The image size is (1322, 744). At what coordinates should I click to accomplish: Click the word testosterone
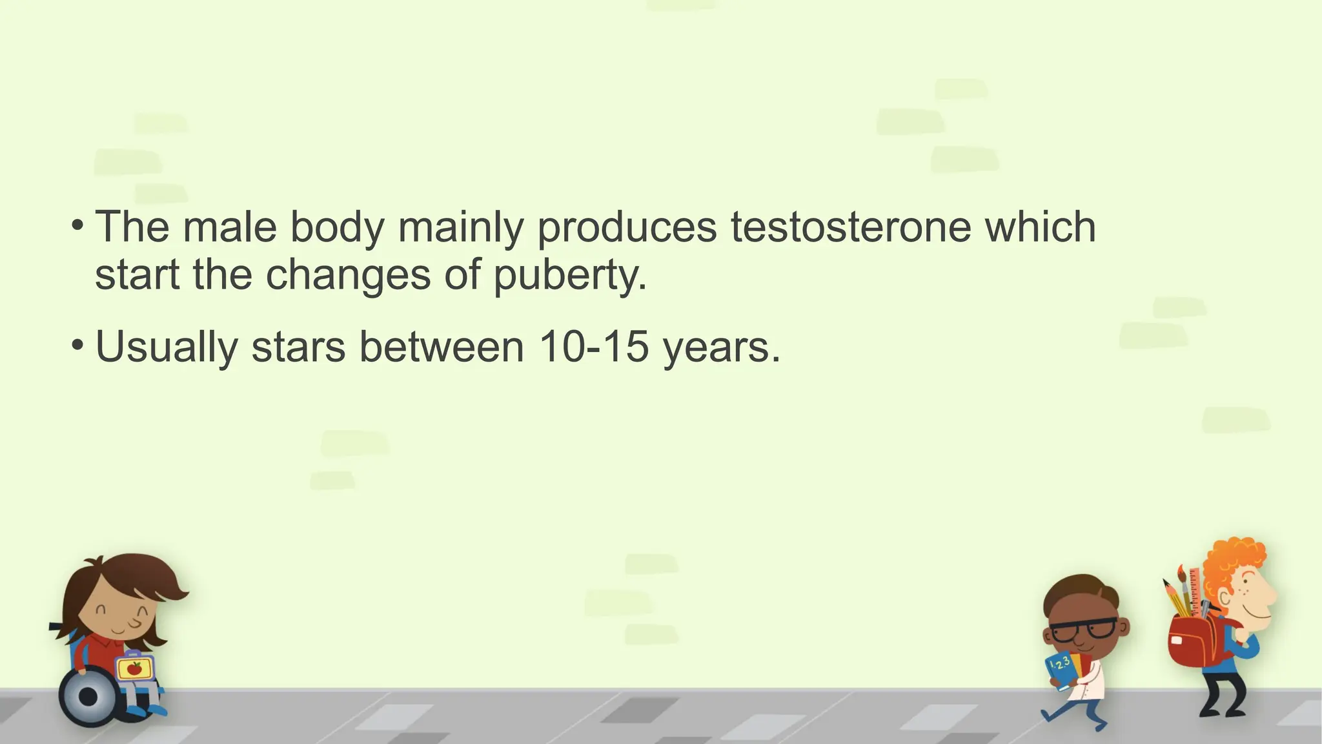[x=850, y=227]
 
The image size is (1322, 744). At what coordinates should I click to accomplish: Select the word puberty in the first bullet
[x=570, y=276]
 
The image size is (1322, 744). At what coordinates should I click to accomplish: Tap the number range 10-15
[x=593, y=347]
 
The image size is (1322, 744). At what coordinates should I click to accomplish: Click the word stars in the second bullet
[x=298, y=347]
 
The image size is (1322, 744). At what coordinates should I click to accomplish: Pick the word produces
[x=626, y=229]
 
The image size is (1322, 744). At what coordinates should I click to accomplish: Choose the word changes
[x=348, y=276]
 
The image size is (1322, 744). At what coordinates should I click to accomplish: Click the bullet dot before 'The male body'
[x=77, y=225]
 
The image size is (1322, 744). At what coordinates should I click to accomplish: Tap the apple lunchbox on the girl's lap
[x=135, y=668]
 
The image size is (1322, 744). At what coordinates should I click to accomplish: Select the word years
[x=721, y=348]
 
